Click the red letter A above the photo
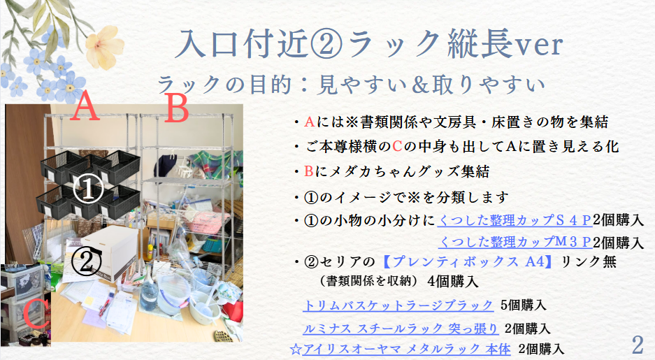coord(85,106)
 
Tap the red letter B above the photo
coord(176,108)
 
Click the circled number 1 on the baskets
coord(88,189)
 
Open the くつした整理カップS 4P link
coord(514,220)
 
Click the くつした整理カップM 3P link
coord(514,242)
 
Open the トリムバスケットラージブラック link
coord(398,305)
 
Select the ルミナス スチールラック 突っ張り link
coord(401,329)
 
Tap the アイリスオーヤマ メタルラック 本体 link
coord(400,349)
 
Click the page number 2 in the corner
coord(638,345)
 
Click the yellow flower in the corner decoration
coord(104,47)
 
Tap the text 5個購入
coord(523,305)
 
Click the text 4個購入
coord(452,281)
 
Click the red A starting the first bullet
coord(309,122)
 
